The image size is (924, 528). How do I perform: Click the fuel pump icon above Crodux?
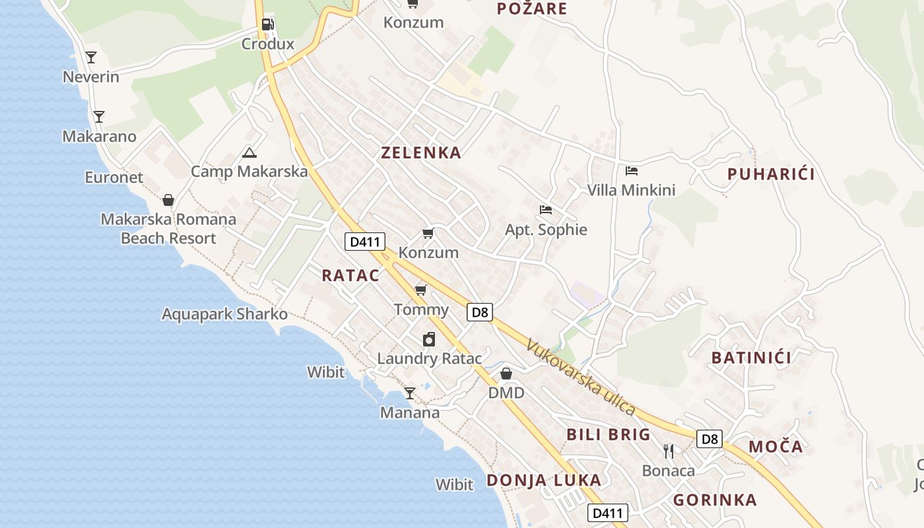coord(267,25)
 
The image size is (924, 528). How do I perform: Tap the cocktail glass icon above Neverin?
coord(91,57)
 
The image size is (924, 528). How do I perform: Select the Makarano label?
coord(99,137)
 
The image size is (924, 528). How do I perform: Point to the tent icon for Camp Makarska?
coord(249,153)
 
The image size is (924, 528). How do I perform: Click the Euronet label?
coord(114,177)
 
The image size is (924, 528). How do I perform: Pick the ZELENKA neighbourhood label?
coord(421,152)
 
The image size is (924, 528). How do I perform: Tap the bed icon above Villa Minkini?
coord(632,171)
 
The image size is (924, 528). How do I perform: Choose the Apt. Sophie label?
coord(546,230)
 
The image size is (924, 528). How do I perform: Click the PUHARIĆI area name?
coord(771,174)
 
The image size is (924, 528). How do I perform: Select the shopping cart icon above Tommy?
coord(421,290)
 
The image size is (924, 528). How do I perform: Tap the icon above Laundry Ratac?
coord(429,339)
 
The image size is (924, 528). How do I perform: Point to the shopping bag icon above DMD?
coord(506,374)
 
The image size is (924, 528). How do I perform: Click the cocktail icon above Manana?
coord(410,393)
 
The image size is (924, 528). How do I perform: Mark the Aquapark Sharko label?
coord(224,313)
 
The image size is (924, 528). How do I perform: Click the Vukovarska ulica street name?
coord(581,377)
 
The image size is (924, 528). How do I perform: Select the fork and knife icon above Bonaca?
coord(669,451)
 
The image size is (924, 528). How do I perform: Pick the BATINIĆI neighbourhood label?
coord(751,358)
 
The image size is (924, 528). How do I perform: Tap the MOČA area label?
coord(775,447)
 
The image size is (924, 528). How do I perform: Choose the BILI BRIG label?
coord(609,434)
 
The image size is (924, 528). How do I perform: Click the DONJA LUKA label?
coord(544,480)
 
